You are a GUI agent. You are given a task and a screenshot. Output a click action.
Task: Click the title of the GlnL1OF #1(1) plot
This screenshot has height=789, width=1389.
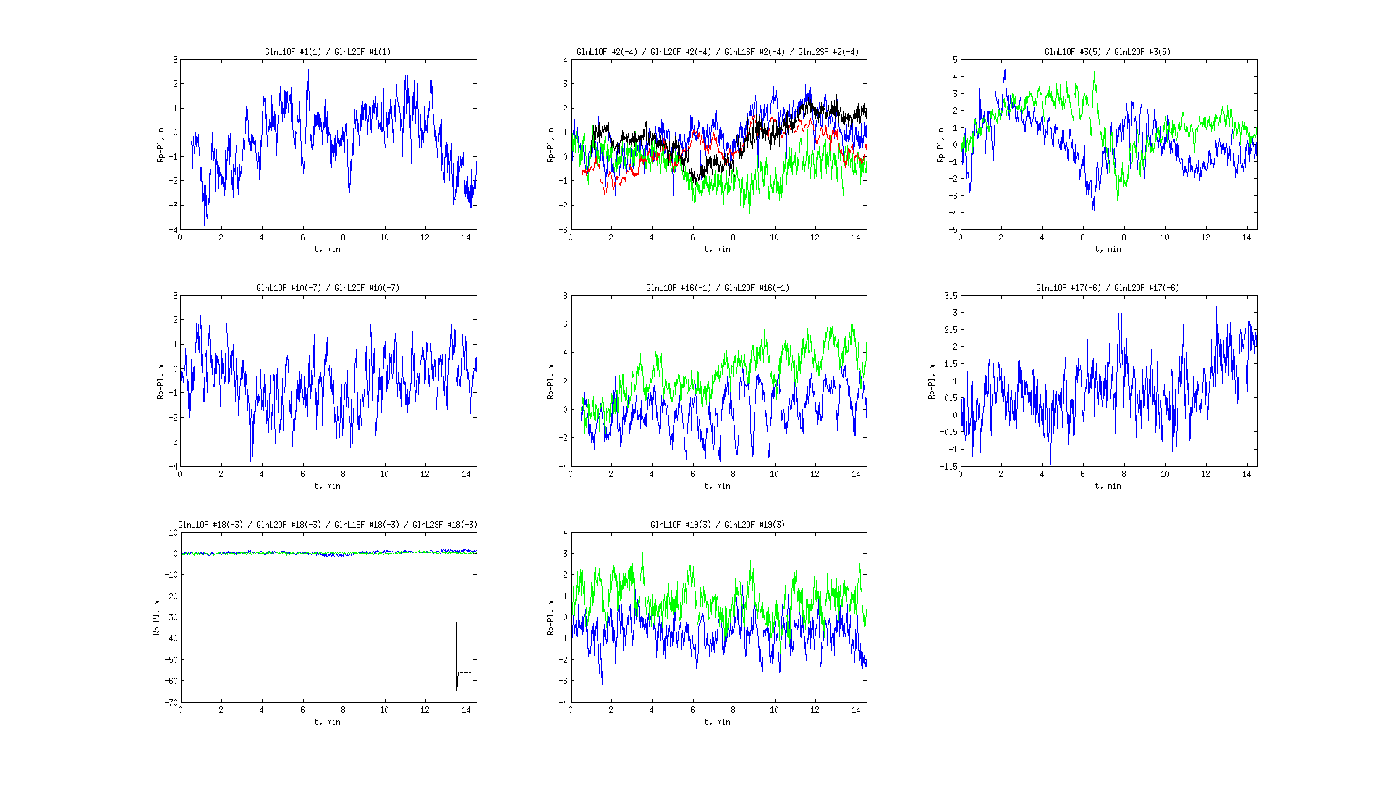[328, 52]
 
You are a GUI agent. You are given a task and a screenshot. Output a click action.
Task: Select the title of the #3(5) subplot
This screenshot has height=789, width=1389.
[1108, 52]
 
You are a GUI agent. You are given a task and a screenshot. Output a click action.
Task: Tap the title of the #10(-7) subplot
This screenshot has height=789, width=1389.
[328, 288]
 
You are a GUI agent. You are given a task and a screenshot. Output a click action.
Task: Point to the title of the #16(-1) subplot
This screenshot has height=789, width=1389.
[718, 288]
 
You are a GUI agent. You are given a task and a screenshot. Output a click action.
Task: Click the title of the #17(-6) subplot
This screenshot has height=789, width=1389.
[1108, 288]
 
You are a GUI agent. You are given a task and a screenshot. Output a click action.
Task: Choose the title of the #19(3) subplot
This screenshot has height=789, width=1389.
[718, 525]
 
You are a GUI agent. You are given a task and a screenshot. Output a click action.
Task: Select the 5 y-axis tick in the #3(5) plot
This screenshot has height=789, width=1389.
[955, 60]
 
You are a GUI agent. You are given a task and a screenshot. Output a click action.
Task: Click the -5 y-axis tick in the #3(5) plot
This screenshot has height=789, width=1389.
[953, 230]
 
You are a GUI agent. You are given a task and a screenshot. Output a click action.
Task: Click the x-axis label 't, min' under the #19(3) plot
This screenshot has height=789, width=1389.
[718, 722]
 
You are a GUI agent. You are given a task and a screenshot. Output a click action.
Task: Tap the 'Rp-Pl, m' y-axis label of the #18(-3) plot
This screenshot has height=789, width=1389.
[156, 617]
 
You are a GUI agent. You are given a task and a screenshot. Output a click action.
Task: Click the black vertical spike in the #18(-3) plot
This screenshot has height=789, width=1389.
[456, 623]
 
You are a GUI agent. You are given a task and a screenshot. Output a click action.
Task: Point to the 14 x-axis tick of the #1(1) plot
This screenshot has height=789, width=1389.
[466, 237]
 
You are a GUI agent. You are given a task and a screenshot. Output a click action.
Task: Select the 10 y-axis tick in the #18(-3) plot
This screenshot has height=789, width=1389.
[173, 533]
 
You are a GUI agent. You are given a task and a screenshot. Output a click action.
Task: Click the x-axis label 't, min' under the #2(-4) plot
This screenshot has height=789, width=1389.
[718, 249]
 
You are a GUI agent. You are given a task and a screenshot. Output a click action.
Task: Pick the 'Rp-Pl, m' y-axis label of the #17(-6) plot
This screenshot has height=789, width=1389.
[932, 381]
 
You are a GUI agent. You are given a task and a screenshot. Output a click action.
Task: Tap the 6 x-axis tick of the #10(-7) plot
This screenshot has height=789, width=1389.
[303, 474]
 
